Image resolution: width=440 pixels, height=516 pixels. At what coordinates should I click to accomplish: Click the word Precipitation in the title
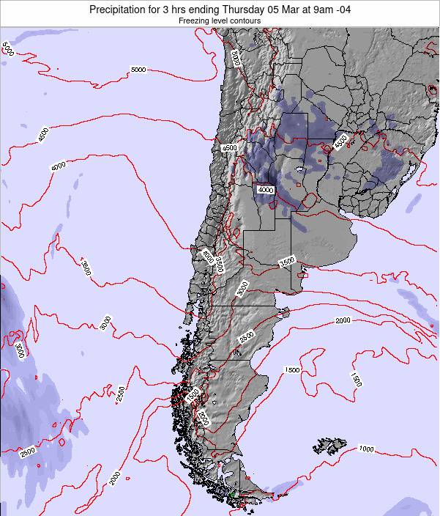tap(121, 9)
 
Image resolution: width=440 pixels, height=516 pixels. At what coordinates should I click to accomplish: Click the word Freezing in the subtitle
tap(193, 21)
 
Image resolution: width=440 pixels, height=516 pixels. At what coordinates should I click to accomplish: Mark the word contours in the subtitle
tap(247, 21)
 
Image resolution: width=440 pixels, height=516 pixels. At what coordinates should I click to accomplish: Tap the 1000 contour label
tap(366, 449)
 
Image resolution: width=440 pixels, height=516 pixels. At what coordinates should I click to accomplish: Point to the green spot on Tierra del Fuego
tap(233, 495)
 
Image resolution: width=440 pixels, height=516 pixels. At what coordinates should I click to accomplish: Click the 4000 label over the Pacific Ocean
tap(58, 166)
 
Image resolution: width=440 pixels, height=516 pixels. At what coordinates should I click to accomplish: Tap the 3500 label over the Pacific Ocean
tap(86, 268)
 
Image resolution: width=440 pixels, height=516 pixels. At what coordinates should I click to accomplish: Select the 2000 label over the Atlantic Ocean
tap(343, 320)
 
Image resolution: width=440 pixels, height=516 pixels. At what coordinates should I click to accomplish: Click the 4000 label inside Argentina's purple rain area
tap(265, 189)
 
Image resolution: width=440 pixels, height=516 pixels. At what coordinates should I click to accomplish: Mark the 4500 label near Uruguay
tap(340, 142)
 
